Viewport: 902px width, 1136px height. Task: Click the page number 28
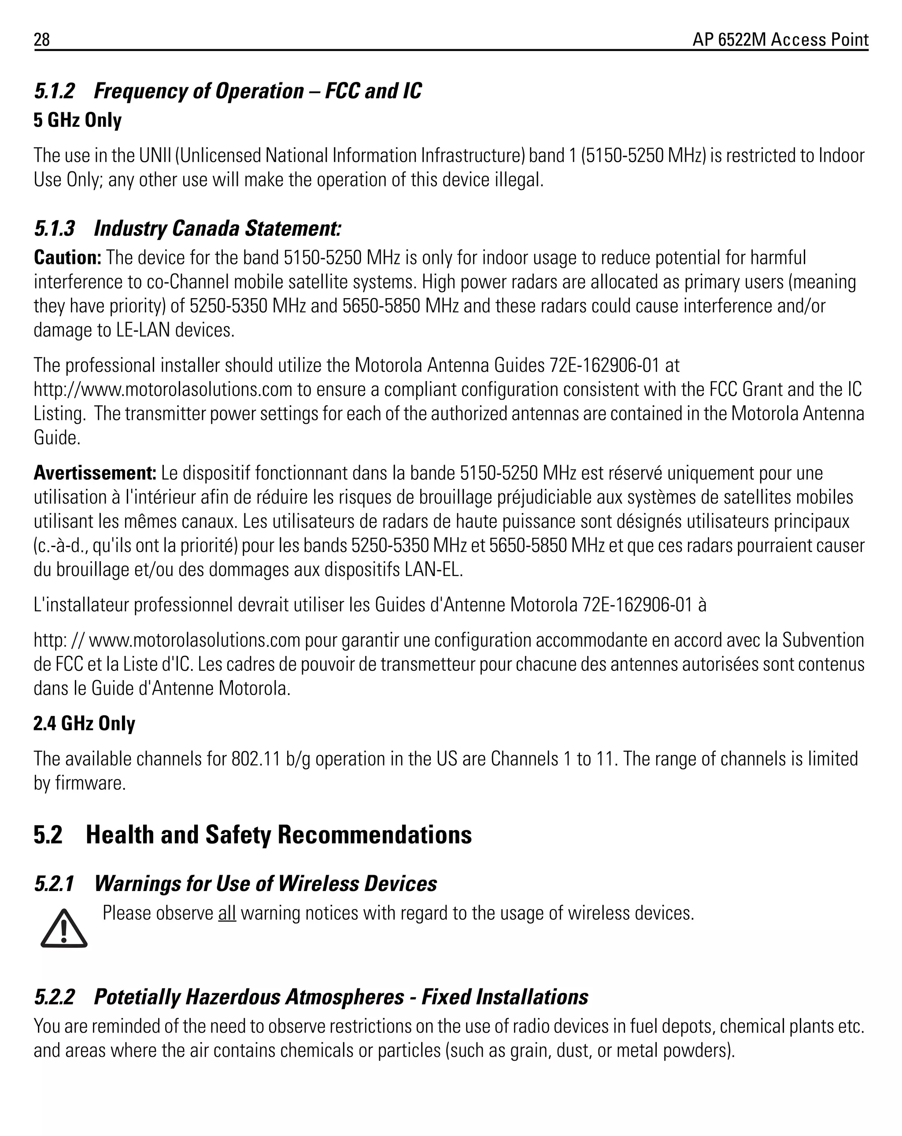pyautogui.click(x=42, y=40)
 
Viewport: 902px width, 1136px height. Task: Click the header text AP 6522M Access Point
pyautogui.click(x=780, y=40)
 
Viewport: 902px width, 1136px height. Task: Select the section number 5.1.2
pyautogui.click(x=54, y=91)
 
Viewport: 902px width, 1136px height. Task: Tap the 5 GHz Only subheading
pyautogui.click(x=78, y=120)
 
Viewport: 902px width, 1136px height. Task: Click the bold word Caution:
pyautogui.click(x=67, y=258)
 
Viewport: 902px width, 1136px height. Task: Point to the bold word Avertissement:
pyautogui.click(x=95, y=473)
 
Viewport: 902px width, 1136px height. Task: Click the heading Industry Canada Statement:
pyautogui.click(x=218, y=228)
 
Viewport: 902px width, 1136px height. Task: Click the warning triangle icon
pyautogui.click(x=64, y=929)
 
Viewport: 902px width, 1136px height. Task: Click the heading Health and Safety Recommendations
pyautogui.click(x=278, y=835)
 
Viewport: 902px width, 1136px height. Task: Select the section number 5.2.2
pyautogui.click(x=54, y=997)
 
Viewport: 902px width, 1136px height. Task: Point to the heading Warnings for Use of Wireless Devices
pyautogui.click(x=266, y=884)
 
